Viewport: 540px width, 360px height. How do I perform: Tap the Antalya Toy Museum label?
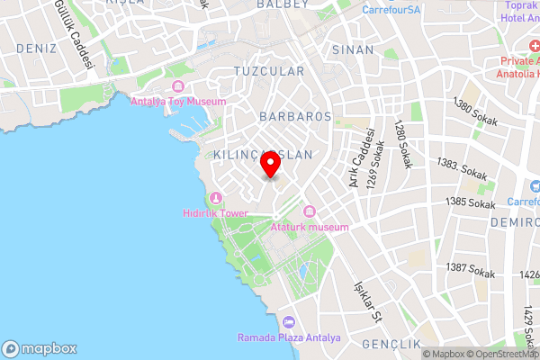point(178,102)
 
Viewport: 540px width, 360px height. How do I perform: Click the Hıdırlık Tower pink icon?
point(215,198)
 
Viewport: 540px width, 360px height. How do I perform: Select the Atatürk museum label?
point(309,227)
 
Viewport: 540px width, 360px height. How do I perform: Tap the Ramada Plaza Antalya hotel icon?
point(289,322)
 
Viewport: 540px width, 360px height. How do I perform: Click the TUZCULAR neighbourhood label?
point(268,70)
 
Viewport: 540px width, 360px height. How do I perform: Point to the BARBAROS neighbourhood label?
point(295,117)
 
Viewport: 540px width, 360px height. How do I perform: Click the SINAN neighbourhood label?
point(353,50)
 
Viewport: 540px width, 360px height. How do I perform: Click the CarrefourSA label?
point(392,10)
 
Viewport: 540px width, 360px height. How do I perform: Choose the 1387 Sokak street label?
point(471,269)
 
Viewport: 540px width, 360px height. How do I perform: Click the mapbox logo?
point(40,348)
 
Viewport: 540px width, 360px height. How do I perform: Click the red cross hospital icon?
point(509,63)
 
